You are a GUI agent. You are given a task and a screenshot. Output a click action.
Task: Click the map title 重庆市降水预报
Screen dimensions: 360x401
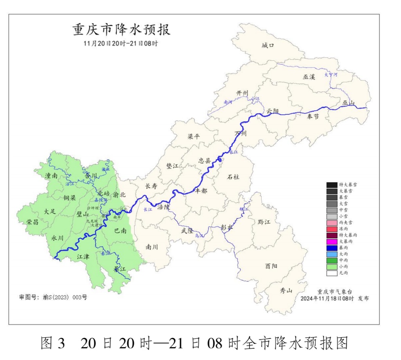click(x=121, y=30)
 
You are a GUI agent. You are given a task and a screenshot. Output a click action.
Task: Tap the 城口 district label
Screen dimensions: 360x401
click(x=268, y=46)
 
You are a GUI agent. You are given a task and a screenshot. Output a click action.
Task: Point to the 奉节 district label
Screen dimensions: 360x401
click(x=313, y=117)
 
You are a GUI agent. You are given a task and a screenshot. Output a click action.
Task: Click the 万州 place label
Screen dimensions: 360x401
click(x=240, y=134)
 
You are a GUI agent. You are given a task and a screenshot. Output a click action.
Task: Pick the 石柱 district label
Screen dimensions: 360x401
click(x=233, y=177)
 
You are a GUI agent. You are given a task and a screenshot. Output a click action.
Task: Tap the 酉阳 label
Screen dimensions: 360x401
click(x=271, y=266)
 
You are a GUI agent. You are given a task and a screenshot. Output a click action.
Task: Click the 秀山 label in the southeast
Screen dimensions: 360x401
click(x=286, y=291)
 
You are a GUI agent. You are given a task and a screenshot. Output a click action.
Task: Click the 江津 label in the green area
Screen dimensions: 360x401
click(x=83, y=256)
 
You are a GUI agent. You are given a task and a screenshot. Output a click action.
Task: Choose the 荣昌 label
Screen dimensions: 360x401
click(x=33, y=222)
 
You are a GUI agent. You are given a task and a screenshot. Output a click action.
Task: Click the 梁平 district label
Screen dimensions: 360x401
click(x=193, y=137)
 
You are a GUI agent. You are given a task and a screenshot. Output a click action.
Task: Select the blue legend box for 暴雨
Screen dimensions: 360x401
click(x=332, y=248)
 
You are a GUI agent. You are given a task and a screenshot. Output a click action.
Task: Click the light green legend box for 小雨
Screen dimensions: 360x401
click(x=332, y=266)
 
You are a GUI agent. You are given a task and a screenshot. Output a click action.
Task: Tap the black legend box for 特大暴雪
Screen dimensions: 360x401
click(x=332, y=185)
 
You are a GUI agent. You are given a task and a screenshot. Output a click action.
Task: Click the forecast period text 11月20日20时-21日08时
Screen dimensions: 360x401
click(x=121, y=43)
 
